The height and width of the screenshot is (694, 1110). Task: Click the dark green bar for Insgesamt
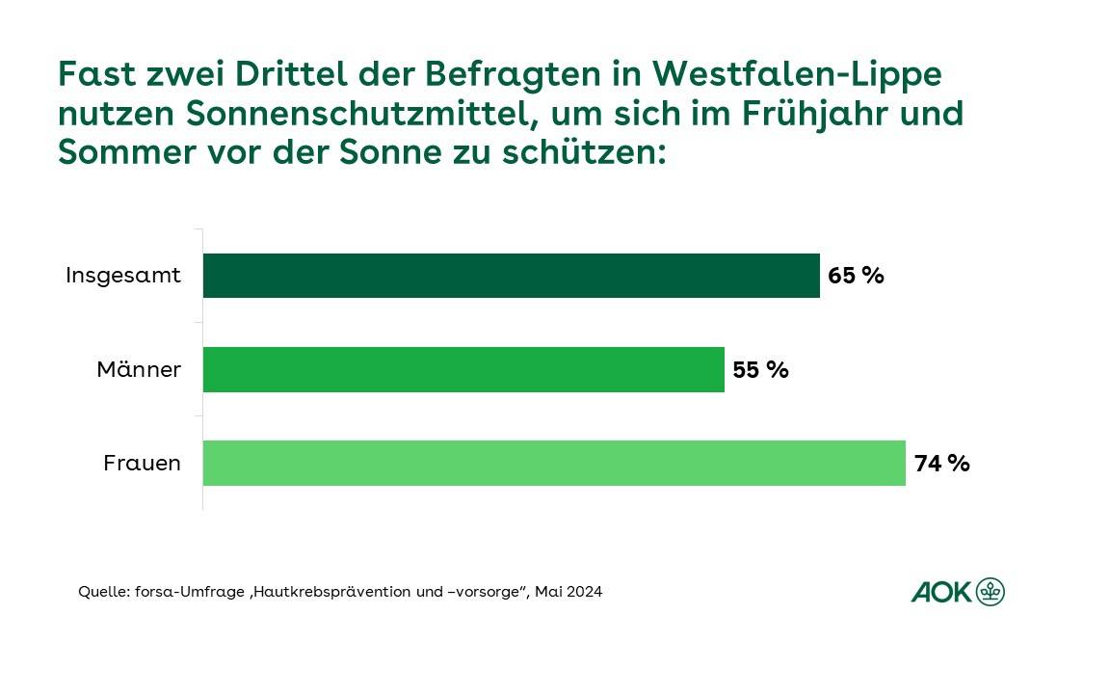point(511,276)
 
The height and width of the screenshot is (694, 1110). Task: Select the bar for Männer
point(463,369)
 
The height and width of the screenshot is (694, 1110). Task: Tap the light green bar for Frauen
point(554,463)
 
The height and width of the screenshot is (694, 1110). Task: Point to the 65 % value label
point(856,276)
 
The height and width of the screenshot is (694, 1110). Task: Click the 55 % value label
point(760,369)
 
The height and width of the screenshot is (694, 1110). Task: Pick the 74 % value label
point(941,464)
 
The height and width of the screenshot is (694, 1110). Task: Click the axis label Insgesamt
point(123,276)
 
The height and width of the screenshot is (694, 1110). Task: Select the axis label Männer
point(139,369)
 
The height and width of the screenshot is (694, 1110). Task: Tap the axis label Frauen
point(142,464)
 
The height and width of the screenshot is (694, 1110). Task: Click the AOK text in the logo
point(941,592)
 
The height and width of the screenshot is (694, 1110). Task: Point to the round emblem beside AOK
point(990,592)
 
